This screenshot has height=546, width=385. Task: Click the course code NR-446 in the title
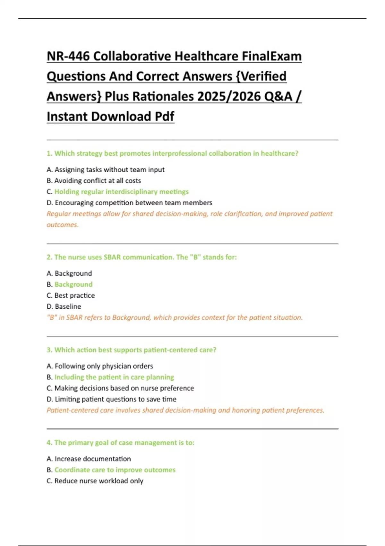[68, 57]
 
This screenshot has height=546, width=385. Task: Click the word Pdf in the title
[165, 117]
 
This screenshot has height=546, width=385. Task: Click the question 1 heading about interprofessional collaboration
[172, 154]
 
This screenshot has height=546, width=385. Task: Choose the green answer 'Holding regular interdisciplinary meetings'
[122, 192]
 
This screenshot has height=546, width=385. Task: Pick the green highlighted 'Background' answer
[73, 285]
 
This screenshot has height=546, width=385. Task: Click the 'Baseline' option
[68, 306]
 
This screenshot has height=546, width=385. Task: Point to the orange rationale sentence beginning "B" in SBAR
[175, 318]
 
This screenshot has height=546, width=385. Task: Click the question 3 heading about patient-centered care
[132, 350]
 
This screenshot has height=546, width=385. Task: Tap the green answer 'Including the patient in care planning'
[114, 377]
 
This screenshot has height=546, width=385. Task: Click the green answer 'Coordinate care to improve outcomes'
[115, 470]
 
